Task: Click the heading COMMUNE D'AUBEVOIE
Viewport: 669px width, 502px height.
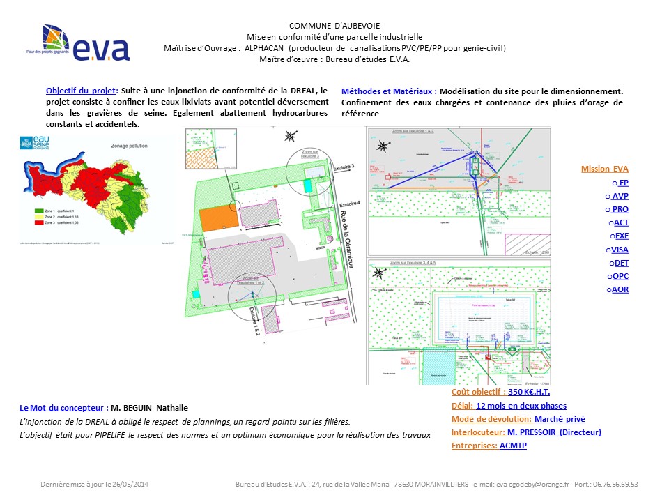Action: [334, 26]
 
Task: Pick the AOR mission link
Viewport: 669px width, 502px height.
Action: [620, 289]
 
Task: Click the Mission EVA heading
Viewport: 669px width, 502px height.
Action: [604, 169]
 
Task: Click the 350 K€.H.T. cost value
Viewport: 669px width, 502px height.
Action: [529, 393]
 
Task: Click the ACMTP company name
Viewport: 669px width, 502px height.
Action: [513, 446]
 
